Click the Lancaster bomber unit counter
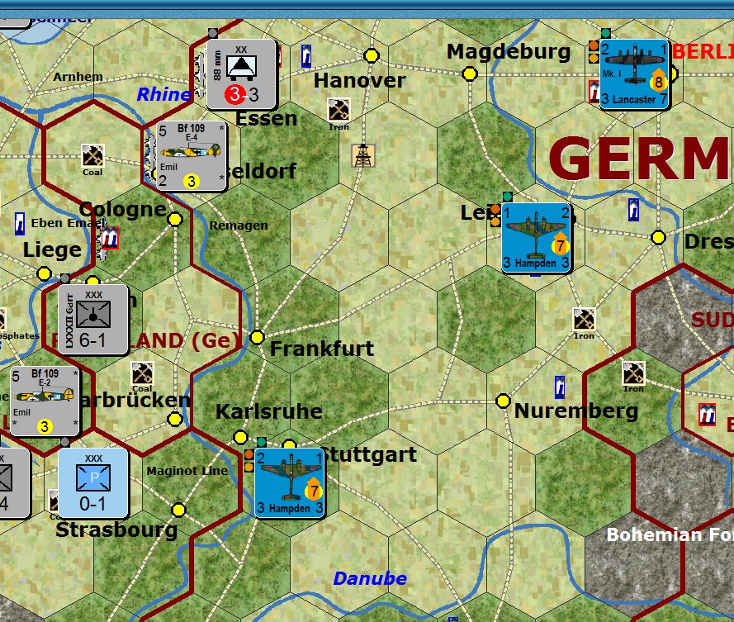click(x=633, y=74)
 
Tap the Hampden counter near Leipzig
click(x=536, y=238)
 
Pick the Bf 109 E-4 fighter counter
click(x=191, y=156)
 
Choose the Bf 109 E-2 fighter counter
click(x=46, y=401)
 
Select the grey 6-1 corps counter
click(x=93, y=320)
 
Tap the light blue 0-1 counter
click(x=93, y=482)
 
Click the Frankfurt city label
click(x=322, y=349)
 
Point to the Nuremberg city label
click(x=576, y=411)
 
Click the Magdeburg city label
click(x=509, y=52)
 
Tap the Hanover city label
click(x=359, y=81)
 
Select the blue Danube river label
click(x=370, y=578)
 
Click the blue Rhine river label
click(x=163, y=94)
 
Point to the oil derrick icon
click(x=362, y=155)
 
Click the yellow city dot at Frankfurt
click(x=257, y=337)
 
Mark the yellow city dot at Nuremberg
click(x=503, y=401)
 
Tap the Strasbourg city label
click(x=116, y=530)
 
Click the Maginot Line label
click(x=187, y=471)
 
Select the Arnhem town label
click(x=78, y=77)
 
